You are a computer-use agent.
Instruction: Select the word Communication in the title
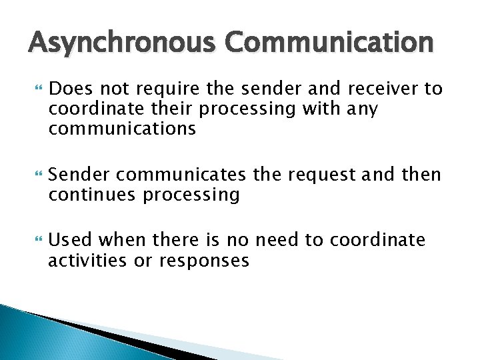point(329,43)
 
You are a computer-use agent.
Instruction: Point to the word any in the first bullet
point(362,108)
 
